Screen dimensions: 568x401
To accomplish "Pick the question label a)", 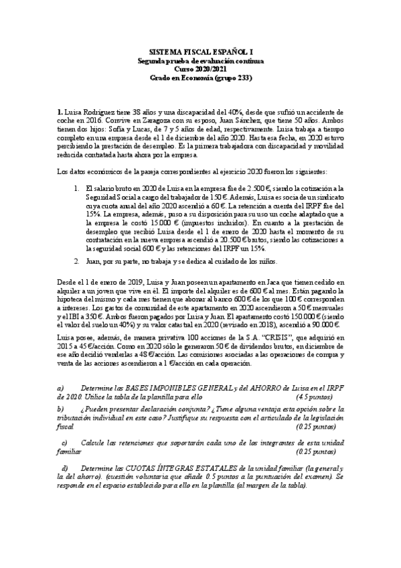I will coord(61,388).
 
